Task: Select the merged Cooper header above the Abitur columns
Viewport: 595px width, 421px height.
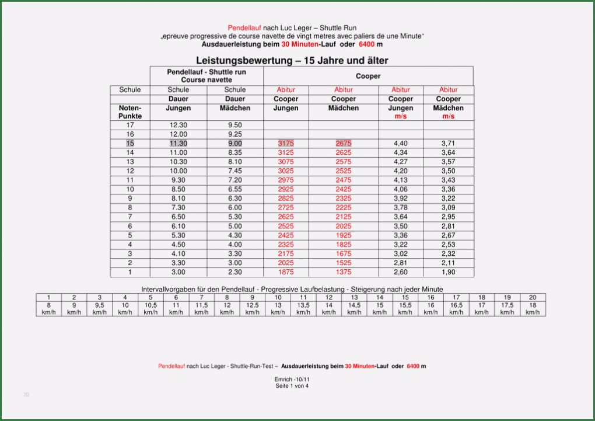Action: click(x=368, y=76)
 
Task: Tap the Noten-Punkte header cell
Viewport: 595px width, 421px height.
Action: click(x=130, y=112)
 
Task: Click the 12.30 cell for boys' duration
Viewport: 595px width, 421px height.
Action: click(x=178, y=125)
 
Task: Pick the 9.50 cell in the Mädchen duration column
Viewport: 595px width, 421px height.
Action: click(x=235, y=125)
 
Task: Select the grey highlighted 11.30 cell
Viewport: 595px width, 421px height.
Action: click(x=178, y=143)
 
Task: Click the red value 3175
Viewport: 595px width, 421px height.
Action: click(x=286, y=143)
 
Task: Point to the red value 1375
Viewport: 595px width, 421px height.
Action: click(x=344, y=272)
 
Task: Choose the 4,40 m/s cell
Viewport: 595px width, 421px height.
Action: click(x=401, y=143)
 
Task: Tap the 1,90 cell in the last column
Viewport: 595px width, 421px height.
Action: click(x=448, y=272)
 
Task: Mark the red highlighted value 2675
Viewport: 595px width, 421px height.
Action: click(x=344, y=143)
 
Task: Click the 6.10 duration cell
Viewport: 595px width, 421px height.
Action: click(x=178, y=226)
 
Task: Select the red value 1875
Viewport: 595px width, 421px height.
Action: click(x=286, y=272)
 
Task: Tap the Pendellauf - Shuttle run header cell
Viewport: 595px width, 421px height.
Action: click(x=206, y=76)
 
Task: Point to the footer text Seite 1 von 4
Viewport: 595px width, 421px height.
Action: click(x=292, y=385)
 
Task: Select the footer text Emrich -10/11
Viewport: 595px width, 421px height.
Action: click(x=292, y=380)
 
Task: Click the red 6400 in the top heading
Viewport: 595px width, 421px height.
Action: click(x=367, y=44)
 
